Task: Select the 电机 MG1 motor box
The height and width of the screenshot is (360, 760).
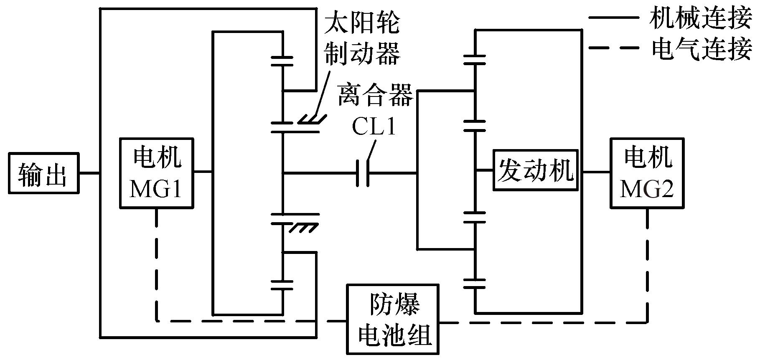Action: [x=157, y=173]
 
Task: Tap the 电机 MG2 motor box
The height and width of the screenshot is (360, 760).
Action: [x=647, y=173]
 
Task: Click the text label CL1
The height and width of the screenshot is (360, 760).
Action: [x=373, y=127]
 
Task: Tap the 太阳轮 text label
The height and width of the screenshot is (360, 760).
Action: [x=362, y=24]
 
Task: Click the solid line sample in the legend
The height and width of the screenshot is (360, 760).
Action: [x=613, y=18]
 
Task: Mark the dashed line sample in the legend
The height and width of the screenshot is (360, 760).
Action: [x=613, y=48]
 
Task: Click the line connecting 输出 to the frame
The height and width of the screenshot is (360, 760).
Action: [x=89, y=173]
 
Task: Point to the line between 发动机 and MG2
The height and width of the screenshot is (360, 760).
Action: [x=596, y=171]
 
